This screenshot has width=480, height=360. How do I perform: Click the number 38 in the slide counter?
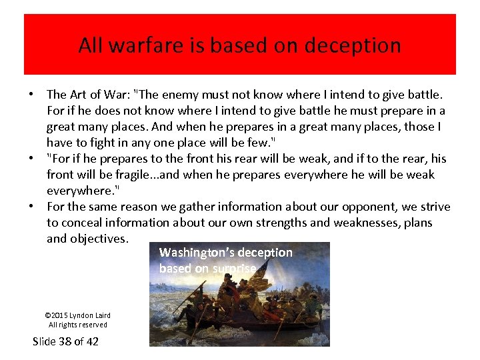coord(67,341)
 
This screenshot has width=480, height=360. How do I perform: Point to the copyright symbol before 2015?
coord(47,315)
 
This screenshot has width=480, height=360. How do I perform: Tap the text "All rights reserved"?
coord(77,325)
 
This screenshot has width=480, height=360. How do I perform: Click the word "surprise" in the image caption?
coord(234,269)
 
